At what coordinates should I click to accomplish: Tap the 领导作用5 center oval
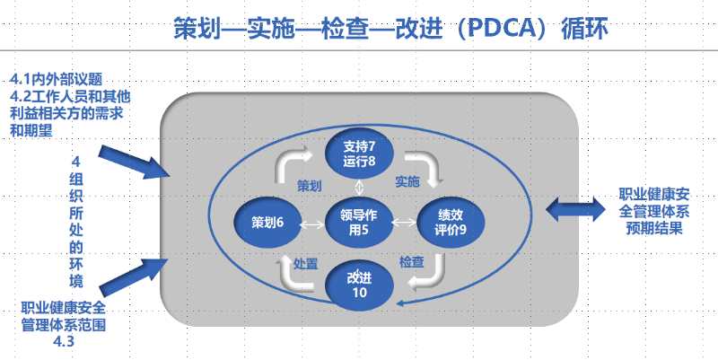click(x=359, y=222)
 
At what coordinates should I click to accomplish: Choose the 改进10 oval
click(x=358, y=285)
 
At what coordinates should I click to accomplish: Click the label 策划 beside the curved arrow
click(x=309, y=184)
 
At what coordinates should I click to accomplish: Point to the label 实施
click(x=407, y=182)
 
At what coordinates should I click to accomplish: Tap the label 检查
click(x=411, y=261)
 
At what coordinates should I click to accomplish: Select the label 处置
click(x=306, y=263)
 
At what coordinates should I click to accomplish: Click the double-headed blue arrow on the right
click(x=578, y=209)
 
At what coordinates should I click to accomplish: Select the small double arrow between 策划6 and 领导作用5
click(x=313, y=224)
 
